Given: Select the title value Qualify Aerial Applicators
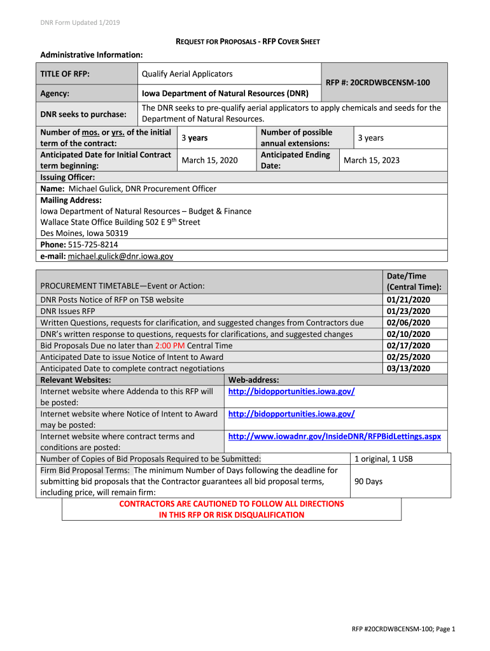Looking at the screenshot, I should (x=187, y=74).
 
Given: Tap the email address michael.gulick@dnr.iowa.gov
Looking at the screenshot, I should (x=120, y=256).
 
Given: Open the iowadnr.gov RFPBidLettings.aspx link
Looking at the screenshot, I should (x=334, y=437).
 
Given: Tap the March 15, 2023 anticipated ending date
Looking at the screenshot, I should (x=372, y=160).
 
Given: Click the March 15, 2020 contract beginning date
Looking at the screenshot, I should (x=209, y=160).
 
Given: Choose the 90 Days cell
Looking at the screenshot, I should (x=368, y=481).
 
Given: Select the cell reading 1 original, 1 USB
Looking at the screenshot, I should (x=384, y=458).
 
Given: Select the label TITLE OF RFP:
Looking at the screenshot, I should (x=65, y=74).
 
